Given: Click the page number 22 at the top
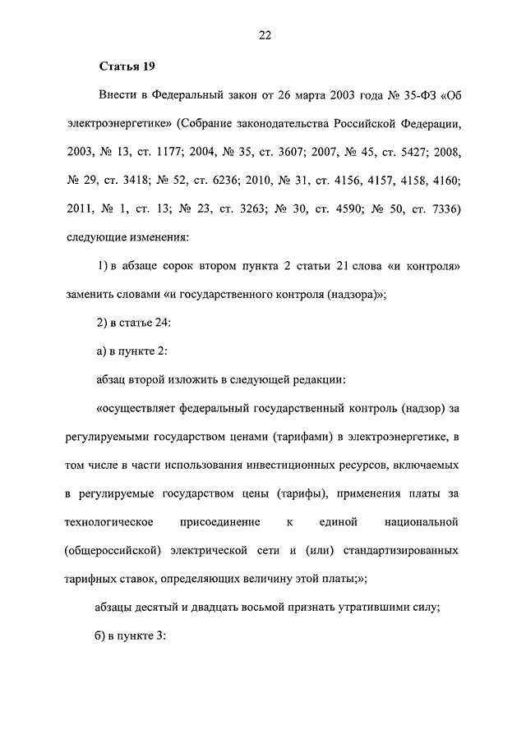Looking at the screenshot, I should pyautogui.click(x=263, y=34).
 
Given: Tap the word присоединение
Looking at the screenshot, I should pyautogui.click(x=224, y=521).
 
